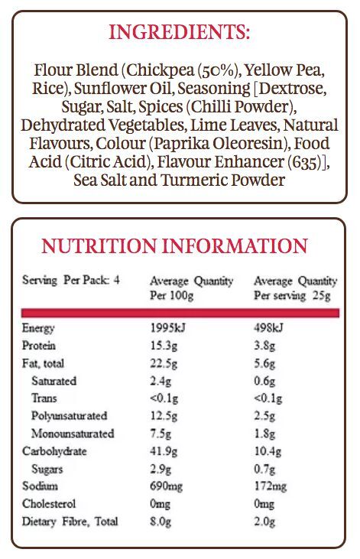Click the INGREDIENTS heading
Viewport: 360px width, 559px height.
pos(179,32)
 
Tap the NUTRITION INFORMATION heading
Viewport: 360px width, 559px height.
pos(174,246)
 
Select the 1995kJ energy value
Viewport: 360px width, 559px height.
pos(167,327)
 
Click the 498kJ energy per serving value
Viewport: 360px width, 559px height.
pos(268,327)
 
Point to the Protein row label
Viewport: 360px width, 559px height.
pos(39,346)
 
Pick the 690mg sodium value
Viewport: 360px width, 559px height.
pos(166,486)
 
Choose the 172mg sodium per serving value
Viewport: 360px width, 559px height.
pos(270,486)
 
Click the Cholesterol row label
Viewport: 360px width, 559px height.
pos(49,504)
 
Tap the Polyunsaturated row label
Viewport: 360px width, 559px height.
pos(69,416)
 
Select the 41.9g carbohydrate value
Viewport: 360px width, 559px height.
pos(164,451)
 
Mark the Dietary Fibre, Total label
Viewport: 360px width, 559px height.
pos(70,522)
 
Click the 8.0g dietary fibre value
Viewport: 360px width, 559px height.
pos(161,522)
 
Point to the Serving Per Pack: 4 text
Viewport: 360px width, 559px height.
pos(71,280)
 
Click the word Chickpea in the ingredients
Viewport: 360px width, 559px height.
pos(160,70)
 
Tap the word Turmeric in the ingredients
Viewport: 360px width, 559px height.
pos(194,180)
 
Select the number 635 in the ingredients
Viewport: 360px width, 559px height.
pos(305,162)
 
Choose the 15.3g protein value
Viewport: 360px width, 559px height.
pos(164,346)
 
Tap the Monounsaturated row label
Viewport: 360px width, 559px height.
pos(73,434)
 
